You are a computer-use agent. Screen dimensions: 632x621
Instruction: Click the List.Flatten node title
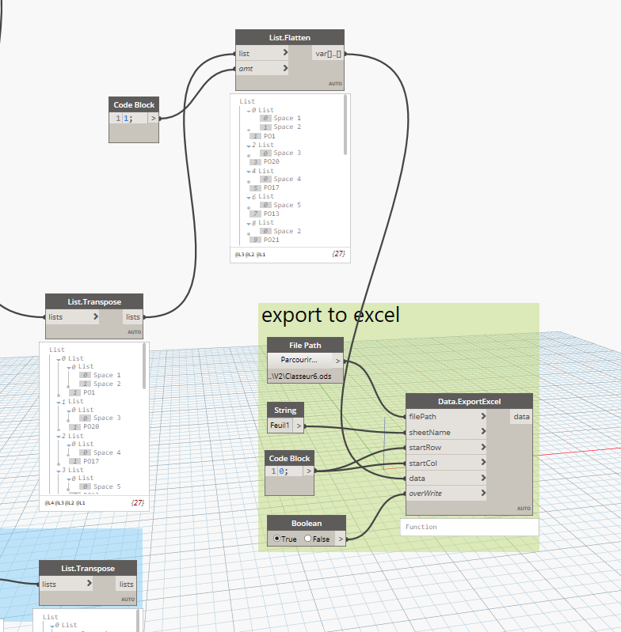[289, 37]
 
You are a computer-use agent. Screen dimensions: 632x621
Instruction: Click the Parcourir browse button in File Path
[299, 360]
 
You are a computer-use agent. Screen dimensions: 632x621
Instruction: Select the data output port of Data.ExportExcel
[522, 416]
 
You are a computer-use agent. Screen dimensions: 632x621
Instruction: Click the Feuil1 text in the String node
[280, 426]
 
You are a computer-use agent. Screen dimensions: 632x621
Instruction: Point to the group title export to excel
[330, 315]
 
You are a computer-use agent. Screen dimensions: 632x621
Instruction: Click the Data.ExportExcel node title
[469, 401]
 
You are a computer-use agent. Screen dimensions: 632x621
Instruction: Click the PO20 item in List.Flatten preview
[271, 161]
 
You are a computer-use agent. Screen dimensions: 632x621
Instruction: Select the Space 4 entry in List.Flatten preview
[287, 179]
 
